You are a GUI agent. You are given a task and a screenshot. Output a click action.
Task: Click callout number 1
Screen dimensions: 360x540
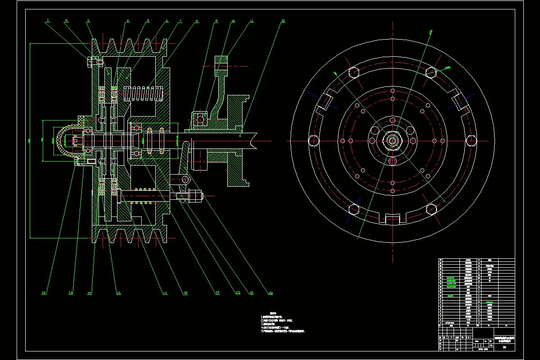(47, 20)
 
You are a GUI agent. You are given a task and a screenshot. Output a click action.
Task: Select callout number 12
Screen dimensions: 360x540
(283, 21)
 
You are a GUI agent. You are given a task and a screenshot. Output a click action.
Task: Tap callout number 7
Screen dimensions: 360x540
(180, 21)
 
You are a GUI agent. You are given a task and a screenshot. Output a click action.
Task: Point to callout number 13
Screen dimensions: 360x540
(44, 293)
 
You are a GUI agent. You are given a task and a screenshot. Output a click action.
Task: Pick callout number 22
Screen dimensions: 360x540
(271, 293)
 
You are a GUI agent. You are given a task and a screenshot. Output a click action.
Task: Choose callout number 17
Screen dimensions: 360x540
(165, 293)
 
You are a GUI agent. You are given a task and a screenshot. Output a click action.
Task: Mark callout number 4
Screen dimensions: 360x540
(127, 21)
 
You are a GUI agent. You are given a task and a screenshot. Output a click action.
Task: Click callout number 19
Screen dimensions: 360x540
(217, 293)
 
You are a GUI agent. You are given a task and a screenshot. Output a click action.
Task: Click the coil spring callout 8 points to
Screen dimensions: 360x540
(144, 94)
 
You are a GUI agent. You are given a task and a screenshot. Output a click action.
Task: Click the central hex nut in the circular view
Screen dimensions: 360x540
(393, 140)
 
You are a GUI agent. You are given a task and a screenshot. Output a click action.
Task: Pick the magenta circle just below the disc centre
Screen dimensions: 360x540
(393, 160)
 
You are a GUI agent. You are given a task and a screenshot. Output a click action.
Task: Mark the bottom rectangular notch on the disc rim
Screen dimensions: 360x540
(393, 220)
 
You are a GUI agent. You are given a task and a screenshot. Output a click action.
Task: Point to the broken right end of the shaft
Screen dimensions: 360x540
(254, 139)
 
